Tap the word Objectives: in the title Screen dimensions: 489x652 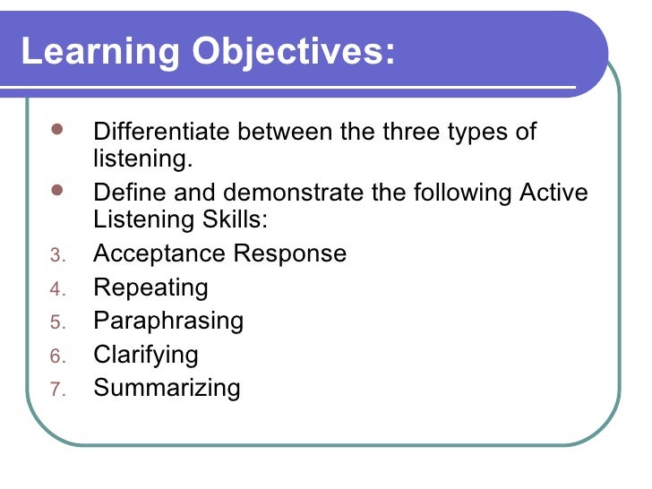tap(293, 53)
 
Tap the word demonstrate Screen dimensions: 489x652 tap(292, 193)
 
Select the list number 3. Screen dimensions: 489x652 tap(56, 255)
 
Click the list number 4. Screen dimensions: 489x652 tap(56, 289)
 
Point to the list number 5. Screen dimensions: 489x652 tap(56, 322)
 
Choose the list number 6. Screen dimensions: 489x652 tap(56, 356)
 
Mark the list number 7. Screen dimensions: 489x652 tap(56, 390)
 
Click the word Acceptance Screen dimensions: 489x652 tap(159, 253)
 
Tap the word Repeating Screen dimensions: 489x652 tap(150, 287)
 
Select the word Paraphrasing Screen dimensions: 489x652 tap(168, 322)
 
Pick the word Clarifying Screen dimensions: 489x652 tap(146, 355)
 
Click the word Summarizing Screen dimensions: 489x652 tap(167, 388)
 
